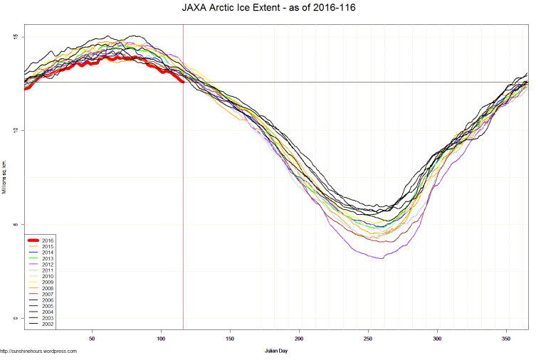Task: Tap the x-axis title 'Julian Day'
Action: [x=275, y=351]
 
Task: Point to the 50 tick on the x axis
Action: [x=92, y=339]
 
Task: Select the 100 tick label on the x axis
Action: [x=161, y=339]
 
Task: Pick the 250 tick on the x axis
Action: [x=368, y=339]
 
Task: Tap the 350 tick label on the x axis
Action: [x=506, y=339]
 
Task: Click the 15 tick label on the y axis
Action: [x=16, y=37]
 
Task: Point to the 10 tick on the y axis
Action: [x=16, y=131]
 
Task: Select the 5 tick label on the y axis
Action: [x=16, y=225]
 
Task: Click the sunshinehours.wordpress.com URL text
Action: [x=38, y=351]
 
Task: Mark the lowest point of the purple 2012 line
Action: [x=382, y=258]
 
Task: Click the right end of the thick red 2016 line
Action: [x=183, y=82]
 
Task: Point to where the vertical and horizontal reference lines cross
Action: [x=184, y=82]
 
